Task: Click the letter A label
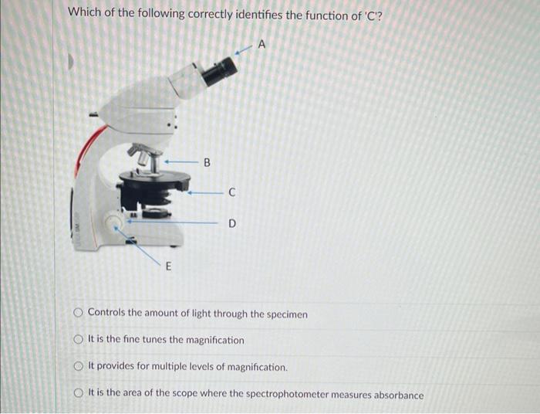(262, 45)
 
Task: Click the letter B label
(206, 162)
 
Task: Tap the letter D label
(231, 224)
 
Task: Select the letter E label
(169, 267)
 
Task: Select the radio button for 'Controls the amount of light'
(79, 314)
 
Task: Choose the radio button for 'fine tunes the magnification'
(79, 340)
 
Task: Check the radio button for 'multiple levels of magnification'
(79, 367)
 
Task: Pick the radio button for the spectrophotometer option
(79, 394)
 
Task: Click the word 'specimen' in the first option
(287, 314)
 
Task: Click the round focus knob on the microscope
(116, 225)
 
